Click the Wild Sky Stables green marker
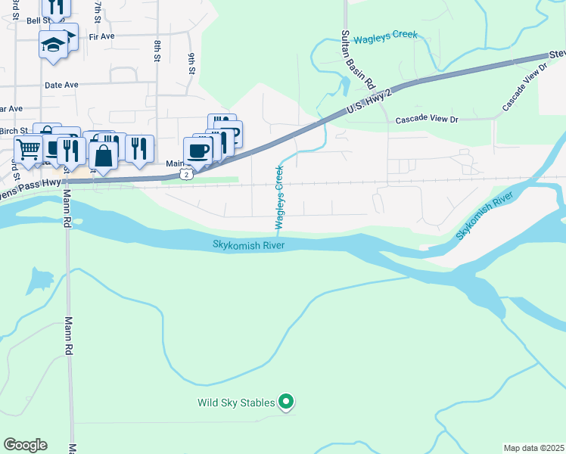286,402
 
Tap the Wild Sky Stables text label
236,403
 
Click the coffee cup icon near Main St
197,150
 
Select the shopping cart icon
28,150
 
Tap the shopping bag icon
104,156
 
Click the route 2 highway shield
186,175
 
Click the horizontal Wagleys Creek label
385,36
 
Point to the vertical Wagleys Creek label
279,197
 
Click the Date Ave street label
61,86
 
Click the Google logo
25,445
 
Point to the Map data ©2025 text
533,448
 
